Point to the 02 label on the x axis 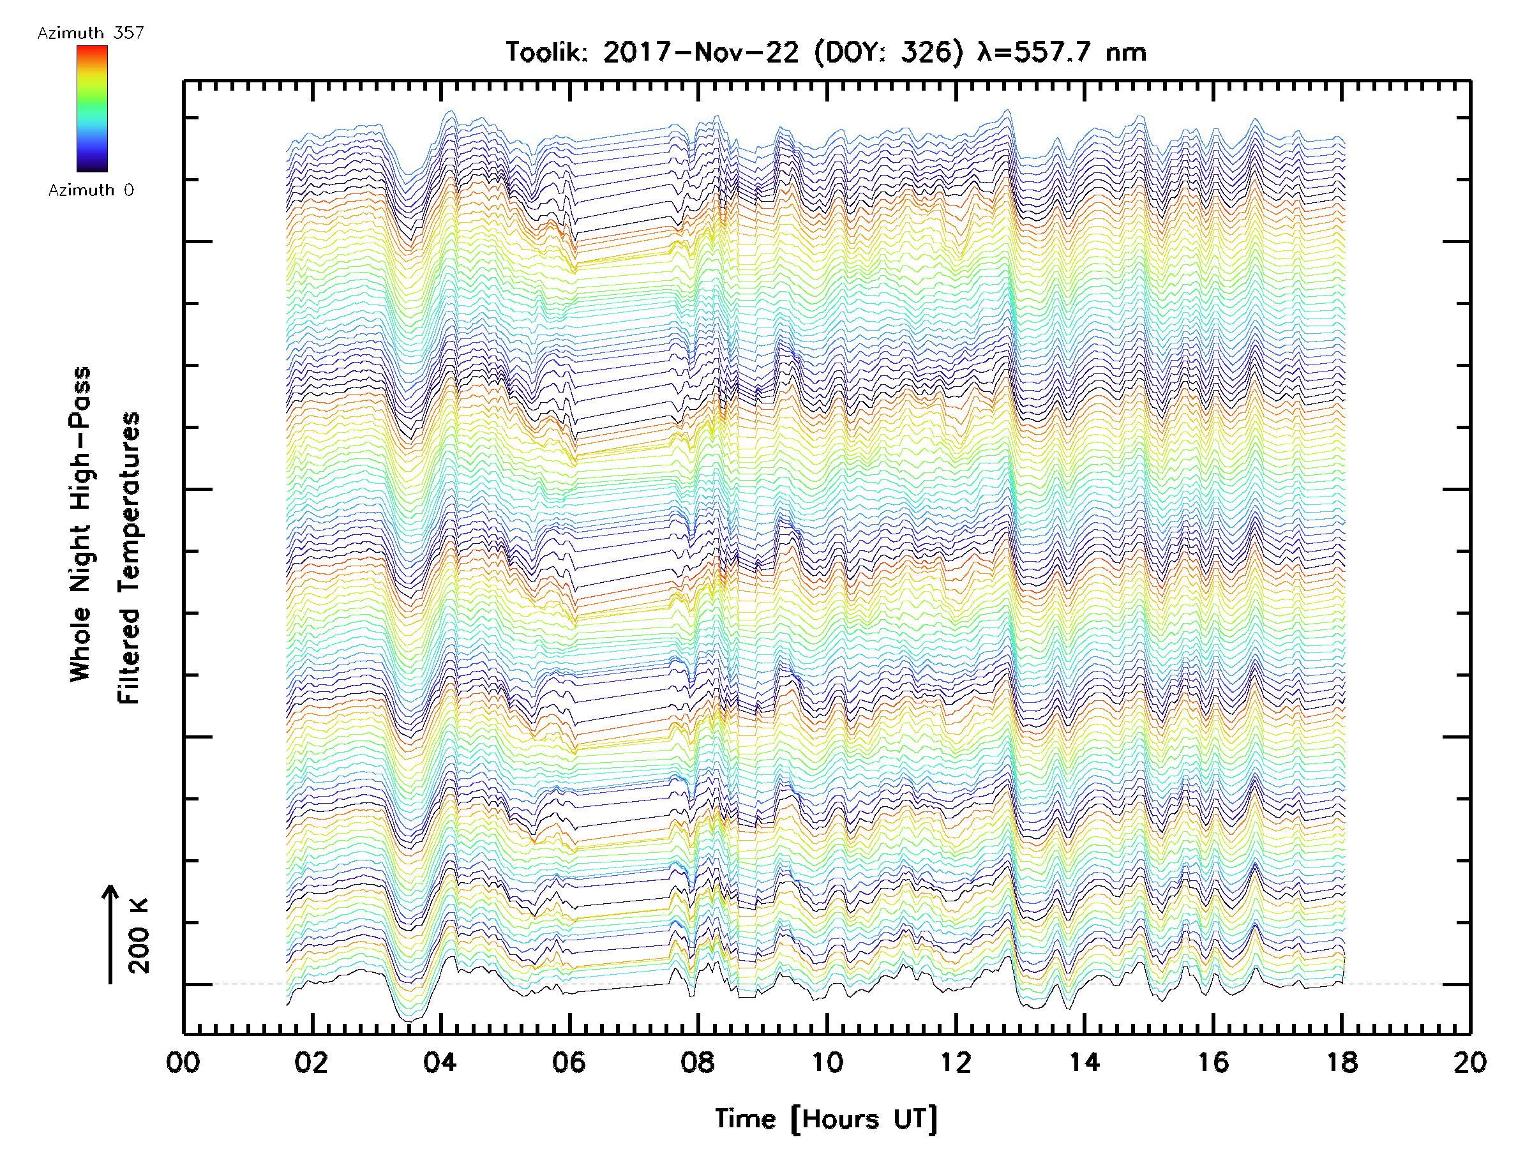(x=311, y=1062)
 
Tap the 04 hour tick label (x=440, y=1062)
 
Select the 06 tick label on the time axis (x=569, y=1062)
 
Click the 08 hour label (x=698, y=1062)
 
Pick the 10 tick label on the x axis (x=827, y=1062)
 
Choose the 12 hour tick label (x=956, y=1062)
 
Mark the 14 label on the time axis (x=1085, y=1062)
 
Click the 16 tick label (x=1213, y=1062)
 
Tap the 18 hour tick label (x=1342, y=1062)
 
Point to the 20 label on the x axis (x=1470, y=1062)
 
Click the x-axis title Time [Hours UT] (x=826, y=1119)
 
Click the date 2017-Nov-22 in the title (x=701, y=52)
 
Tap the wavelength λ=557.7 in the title (x=1035, y=52)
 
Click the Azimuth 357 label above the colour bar (x=91, y=33)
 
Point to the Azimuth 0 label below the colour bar (x=91, y=190)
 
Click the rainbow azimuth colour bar (x=92, y=109)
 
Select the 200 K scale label (x=139, y=936)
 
